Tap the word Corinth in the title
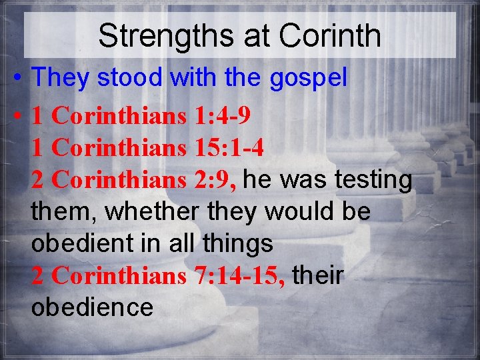(330, 36)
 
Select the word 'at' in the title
(256, 36)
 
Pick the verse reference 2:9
(219, 180)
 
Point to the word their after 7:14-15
(317, 276)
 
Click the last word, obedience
(92, 308)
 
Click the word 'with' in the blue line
(194, 78)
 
